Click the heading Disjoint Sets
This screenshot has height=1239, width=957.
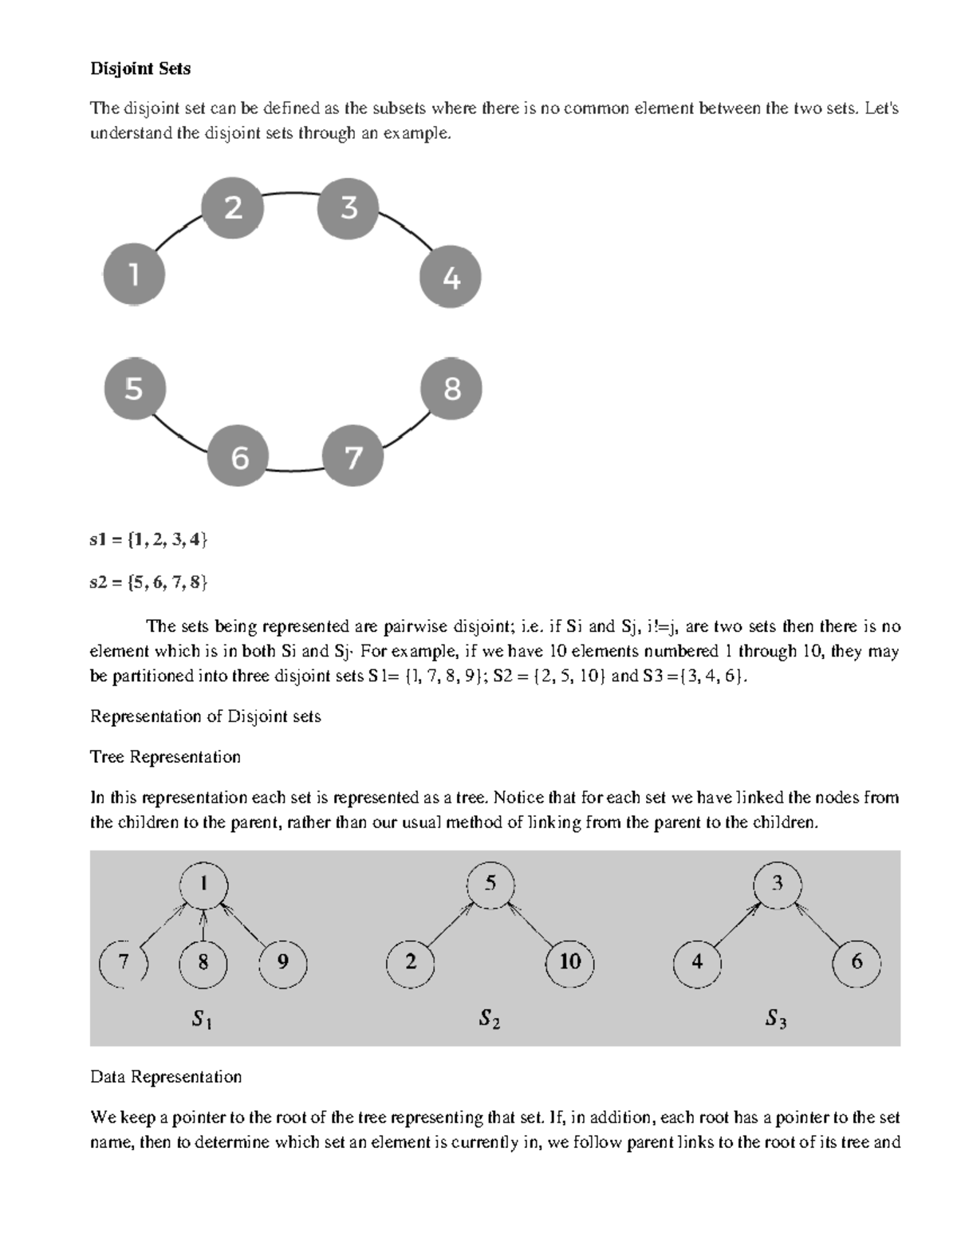[140, 69]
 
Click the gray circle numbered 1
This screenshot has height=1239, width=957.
[134, 275]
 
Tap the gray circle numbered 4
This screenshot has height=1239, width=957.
[451, 278]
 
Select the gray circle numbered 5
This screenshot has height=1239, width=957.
[135, 389]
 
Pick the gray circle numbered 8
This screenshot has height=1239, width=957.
[451, 389]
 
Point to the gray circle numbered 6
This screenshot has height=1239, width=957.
[238, 457]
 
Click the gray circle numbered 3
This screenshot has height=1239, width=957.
[349, 208]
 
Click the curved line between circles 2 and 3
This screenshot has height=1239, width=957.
[291, 193]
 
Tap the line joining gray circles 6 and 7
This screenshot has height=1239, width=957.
[295, 470]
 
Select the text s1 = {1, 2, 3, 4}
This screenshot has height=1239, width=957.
[148, 540]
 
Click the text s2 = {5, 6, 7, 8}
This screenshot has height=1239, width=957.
[148, 582]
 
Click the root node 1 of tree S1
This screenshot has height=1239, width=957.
[203, 884]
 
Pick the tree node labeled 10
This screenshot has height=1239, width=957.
[569, 962]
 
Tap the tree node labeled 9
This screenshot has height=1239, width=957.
[282, 962]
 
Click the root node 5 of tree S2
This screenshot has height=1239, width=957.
[490, 884]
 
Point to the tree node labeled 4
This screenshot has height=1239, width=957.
[697, 962]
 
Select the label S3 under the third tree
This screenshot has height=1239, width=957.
[776, 1018]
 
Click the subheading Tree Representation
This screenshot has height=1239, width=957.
[165, 756]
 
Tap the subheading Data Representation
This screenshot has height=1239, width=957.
[166, 1077]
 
